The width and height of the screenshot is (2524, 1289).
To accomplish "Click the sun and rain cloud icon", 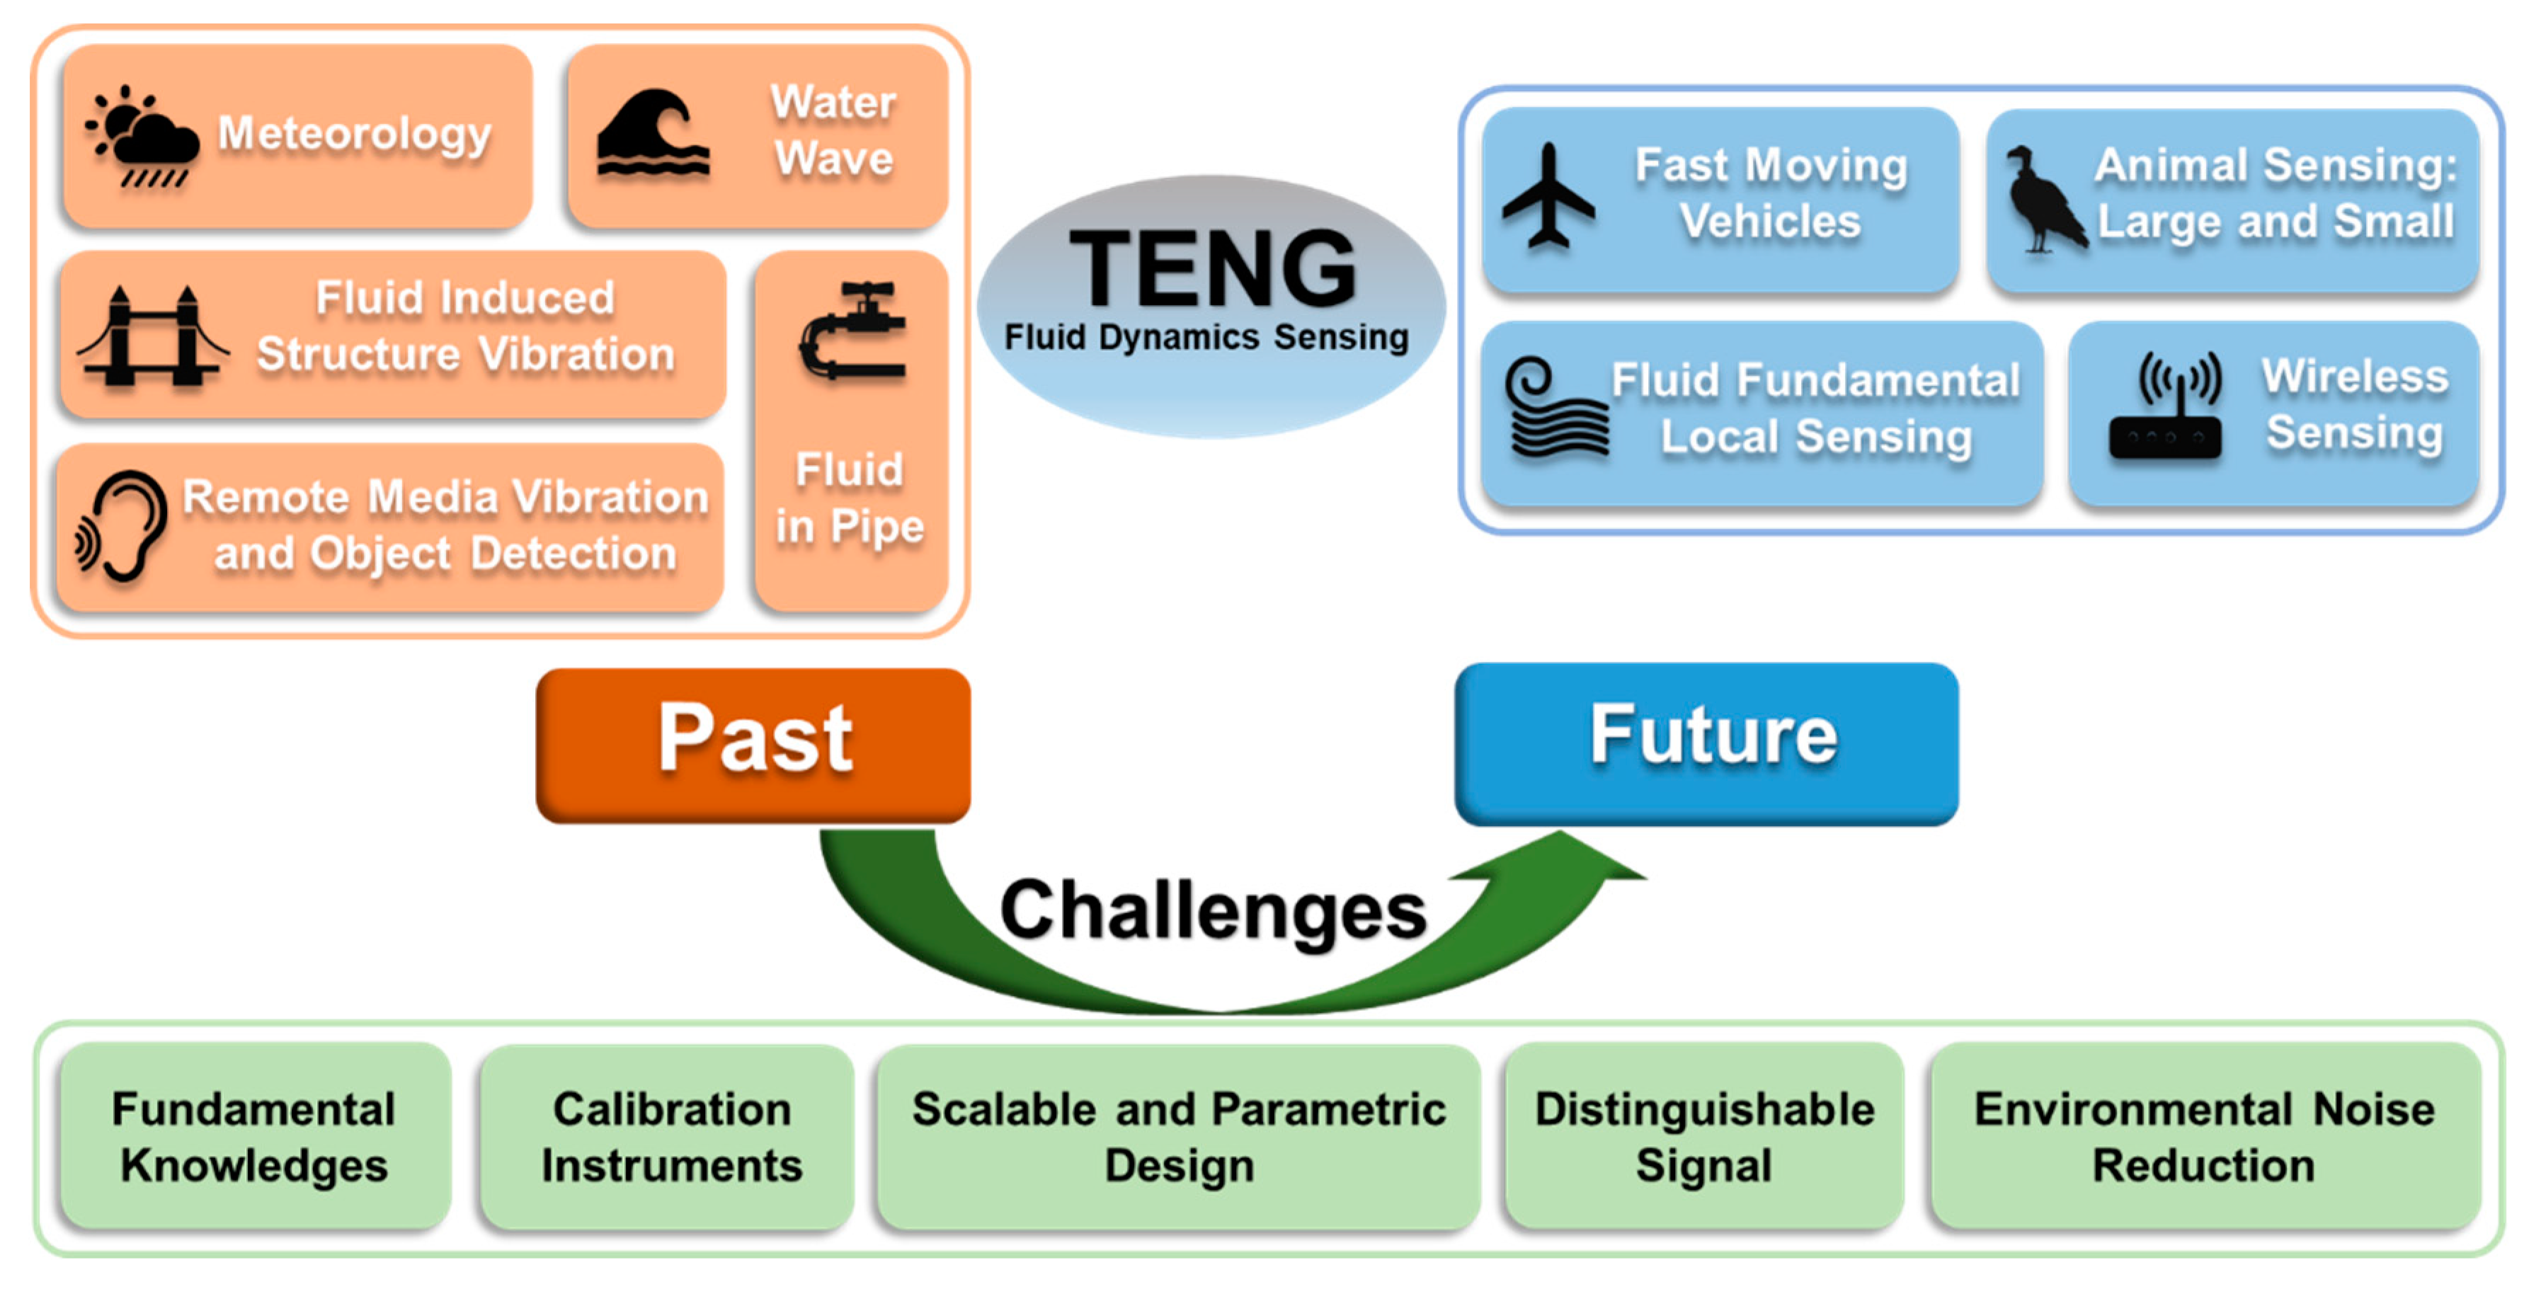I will click(x=142, y=137).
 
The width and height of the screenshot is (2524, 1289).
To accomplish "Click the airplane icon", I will click(x=1548, y=196).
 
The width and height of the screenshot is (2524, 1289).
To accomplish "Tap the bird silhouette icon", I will click(x=2043, y=201).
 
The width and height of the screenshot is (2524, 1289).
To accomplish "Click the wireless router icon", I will click(x=2165, y=406).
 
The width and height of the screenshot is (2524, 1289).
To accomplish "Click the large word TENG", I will click(x=1212, y=268).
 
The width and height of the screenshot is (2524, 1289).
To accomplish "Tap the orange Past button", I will click(x=753, y=745).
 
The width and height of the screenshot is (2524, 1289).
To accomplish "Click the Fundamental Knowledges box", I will click(x=255, y=1136).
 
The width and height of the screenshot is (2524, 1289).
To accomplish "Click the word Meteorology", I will click(x=355, y=134).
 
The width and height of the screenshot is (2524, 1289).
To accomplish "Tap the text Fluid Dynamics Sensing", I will click(x=1206, y=337).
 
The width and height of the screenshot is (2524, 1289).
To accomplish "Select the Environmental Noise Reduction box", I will click(x=2205, y=1136).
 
